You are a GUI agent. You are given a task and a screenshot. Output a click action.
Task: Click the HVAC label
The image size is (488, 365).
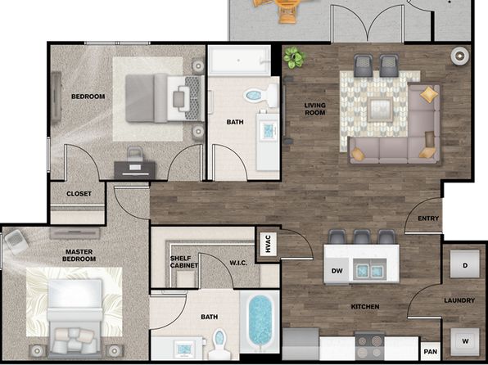269,244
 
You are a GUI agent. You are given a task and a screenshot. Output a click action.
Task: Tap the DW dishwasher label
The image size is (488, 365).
337,271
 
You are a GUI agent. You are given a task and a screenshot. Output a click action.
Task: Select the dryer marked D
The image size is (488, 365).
465,264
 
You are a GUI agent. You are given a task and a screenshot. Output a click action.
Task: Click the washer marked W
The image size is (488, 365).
465,341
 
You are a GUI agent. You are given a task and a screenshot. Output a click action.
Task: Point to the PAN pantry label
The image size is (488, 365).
431,352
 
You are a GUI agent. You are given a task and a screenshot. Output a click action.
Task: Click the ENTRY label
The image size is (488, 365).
428,219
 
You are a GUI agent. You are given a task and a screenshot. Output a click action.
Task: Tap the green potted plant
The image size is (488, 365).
294,57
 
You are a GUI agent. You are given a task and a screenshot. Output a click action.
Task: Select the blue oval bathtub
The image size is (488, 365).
260,321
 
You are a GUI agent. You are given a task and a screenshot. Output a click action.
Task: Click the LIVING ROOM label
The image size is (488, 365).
315,109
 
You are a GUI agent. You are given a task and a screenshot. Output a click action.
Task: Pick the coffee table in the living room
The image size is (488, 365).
380,110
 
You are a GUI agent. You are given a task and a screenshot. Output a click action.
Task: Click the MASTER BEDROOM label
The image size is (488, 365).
79,255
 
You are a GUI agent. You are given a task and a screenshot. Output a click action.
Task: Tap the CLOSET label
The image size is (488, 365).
79,193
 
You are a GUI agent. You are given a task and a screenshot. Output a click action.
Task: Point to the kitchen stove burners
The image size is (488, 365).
370,346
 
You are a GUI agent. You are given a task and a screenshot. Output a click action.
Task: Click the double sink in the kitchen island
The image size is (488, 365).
370,270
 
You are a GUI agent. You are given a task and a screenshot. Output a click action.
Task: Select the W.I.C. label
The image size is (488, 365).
239,263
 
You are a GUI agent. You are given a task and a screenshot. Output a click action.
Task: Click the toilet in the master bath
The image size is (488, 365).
219,344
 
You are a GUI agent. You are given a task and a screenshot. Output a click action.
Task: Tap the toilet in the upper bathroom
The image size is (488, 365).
261,95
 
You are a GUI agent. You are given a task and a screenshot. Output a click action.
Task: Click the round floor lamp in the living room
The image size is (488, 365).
459,56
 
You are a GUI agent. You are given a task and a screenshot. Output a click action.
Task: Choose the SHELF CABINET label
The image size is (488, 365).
184,262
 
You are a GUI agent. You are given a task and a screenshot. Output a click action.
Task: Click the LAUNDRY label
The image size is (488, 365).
459,300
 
